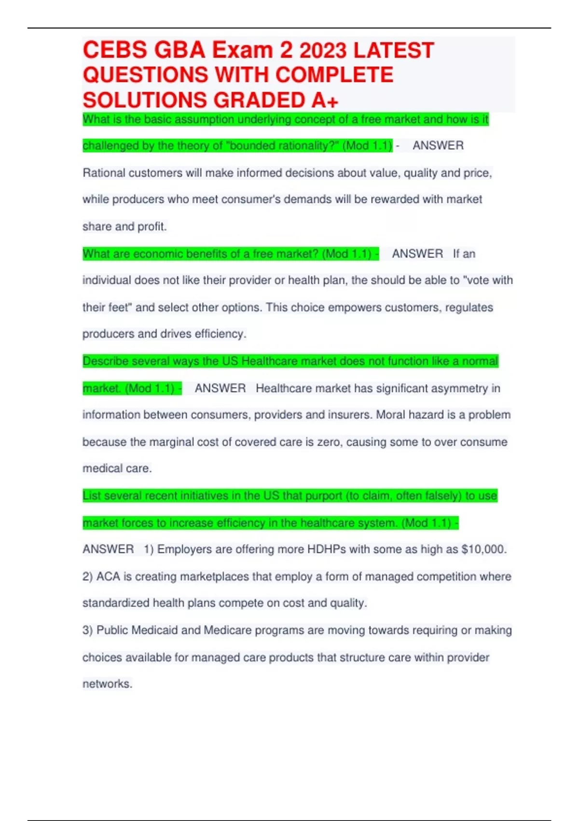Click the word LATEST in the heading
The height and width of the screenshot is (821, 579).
[394, 50]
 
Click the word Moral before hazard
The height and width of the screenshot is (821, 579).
[392, 415]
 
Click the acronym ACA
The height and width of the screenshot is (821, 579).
[108, 577]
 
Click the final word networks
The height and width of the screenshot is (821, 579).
[107, 684]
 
